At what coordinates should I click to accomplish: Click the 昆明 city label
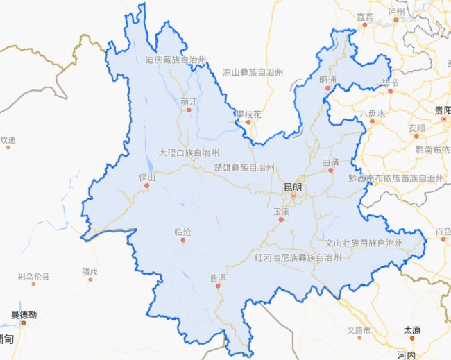tap(293, 187)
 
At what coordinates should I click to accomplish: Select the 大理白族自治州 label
tap(189, 153)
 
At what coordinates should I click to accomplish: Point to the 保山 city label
tap(147, 177)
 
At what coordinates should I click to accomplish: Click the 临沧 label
tap(182, 232)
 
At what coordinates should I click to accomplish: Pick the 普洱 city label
tap(218, 277)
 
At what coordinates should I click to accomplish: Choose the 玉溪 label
tap(281, 211)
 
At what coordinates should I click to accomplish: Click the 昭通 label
tap(327, 80)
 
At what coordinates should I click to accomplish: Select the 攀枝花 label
tap(248, 113)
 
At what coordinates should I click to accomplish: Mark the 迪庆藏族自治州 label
tap(176, 60)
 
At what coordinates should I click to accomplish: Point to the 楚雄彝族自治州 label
tap(244, 168)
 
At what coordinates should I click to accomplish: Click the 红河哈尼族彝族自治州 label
tap(298, 257)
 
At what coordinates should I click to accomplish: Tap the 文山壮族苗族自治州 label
tap(364, 243)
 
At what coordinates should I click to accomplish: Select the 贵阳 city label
tap(443, 110)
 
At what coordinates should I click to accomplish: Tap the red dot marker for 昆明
tap(293, 196)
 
